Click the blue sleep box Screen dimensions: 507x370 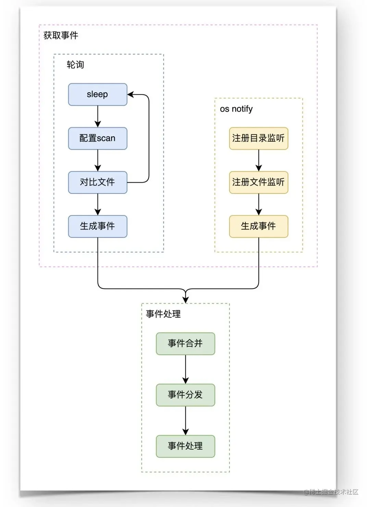pos(98,94)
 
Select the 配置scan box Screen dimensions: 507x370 pos(98,138)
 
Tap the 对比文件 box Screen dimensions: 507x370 pos(98,182)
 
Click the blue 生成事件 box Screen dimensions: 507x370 pos(98,226)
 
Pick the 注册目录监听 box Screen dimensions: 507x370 pos(258,138)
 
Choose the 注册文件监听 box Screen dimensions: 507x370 pos(258,182)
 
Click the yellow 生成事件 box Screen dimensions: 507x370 pos(258,226)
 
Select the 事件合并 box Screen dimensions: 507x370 pos(185,343)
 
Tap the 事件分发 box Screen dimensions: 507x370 pos(185,395)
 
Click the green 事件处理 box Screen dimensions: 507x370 pos(185,446)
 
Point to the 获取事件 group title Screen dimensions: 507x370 pos(61,35)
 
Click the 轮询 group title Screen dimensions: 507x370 pos(75,64)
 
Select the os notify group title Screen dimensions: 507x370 pos(236,109)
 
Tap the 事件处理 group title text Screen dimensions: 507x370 pos(163,314)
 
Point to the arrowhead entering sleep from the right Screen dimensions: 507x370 pos(131,94)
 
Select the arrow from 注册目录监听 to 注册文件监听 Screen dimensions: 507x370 pos(259,160)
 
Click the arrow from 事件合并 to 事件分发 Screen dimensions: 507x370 pos(185,369)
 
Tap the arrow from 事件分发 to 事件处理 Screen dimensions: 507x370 pos(185,421)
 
